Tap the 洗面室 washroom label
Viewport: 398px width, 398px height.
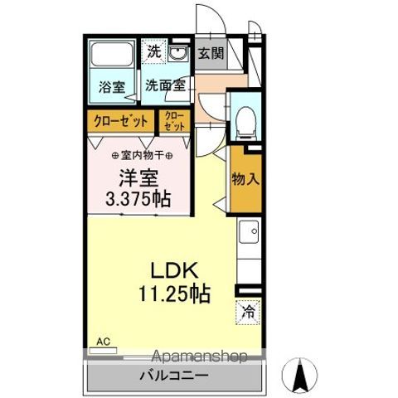164,85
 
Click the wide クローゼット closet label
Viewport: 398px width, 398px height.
121,121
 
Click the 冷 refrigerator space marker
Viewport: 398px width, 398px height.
248,312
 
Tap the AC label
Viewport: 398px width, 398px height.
103,341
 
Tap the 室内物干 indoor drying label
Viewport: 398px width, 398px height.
142,154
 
